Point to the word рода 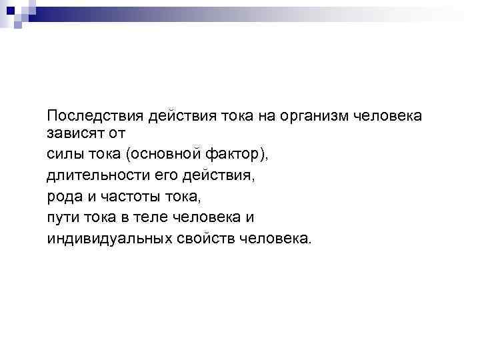coord(63,197)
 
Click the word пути coord(62,217)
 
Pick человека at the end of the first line coord(387,117)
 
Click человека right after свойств coord(274,238)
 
